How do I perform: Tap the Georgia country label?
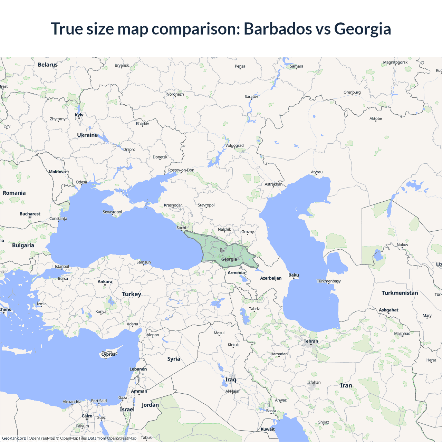coord(229,259)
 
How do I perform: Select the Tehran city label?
coord(311,341)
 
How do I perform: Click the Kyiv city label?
coord(79,115)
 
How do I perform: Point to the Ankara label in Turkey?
coord(105,282)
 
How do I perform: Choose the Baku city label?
coord(294,275)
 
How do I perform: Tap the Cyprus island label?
coord(108,354)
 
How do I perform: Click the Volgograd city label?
coord(234,146)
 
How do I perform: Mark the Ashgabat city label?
coord(388,310)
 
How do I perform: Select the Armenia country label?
coord(236,273)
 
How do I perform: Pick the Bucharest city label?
coord(30,214)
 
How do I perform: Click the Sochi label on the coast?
coord(181,228)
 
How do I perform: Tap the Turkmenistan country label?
coord(400,293)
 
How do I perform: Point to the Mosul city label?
coord(219,333)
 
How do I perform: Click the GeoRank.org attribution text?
coord(14,438)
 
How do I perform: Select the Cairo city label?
coord(87,416)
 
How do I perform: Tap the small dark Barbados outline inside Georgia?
coord(222,250)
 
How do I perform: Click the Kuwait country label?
coord(268,429)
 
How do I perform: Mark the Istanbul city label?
coord(62,267)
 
